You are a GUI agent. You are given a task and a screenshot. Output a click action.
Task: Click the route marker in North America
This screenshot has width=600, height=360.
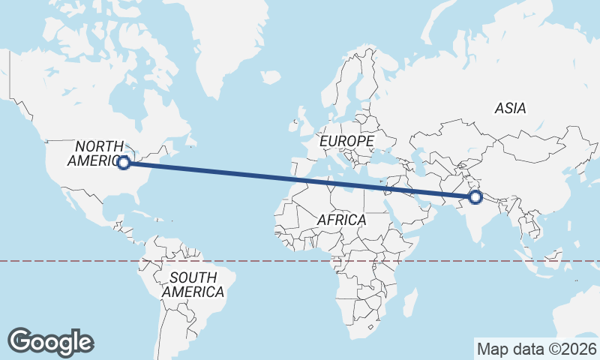point(124,162)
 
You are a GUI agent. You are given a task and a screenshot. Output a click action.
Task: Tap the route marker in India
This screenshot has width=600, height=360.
point(475,197)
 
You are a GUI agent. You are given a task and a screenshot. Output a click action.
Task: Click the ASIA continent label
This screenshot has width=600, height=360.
point(510,109)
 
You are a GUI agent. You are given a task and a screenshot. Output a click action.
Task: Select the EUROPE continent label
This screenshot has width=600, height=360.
point(346,141)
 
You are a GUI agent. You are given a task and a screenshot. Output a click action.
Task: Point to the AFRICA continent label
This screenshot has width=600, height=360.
point(341,220)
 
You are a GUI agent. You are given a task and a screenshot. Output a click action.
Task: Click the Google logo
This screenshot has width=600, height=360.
point(51,342)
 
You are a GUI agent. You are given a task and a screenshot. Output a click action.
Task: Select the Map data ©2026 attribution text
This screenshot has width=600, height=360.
point(537,349)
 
